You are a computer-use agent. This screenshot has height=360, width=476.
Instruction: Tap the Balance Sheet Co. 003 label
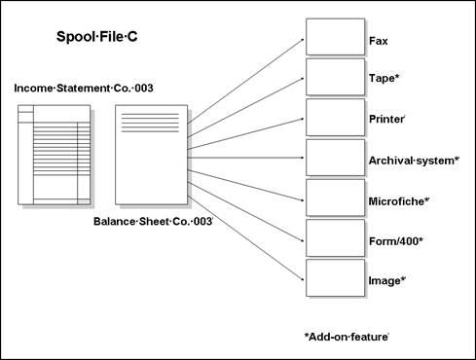tap(152, 222)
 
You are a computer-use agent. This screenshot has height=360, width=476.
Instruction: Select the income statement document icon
tap(55, 156)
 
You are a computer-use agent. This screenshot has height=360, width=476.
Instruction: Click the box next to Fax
tap(335, 36)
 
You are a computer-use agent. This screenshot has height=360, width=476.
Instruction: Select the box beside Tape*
tap(335, 77)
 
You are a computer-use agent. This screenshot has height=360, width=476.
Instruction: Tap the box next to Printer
tap(335, 117)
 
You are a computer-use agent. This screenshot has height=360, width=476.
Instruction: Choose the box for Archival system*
tap(335, 158)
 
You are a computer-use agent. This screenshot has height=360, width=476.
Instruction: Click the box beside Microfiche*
tap(335, 198)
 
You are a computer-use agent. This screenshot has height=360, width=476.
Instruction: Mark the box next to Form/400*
tap(335, 237)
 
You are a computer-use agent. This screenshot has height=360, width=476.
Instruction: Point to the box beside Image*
tap(335, 278)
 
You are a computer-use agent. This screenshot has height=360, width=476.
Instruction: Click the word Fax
tap(379, 42)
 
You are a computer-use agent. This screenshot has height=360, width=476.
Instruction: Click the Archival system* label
tap(414, 161)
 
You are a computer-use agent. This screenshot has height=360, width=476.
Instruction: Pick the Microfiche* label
tap(399, 201)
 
